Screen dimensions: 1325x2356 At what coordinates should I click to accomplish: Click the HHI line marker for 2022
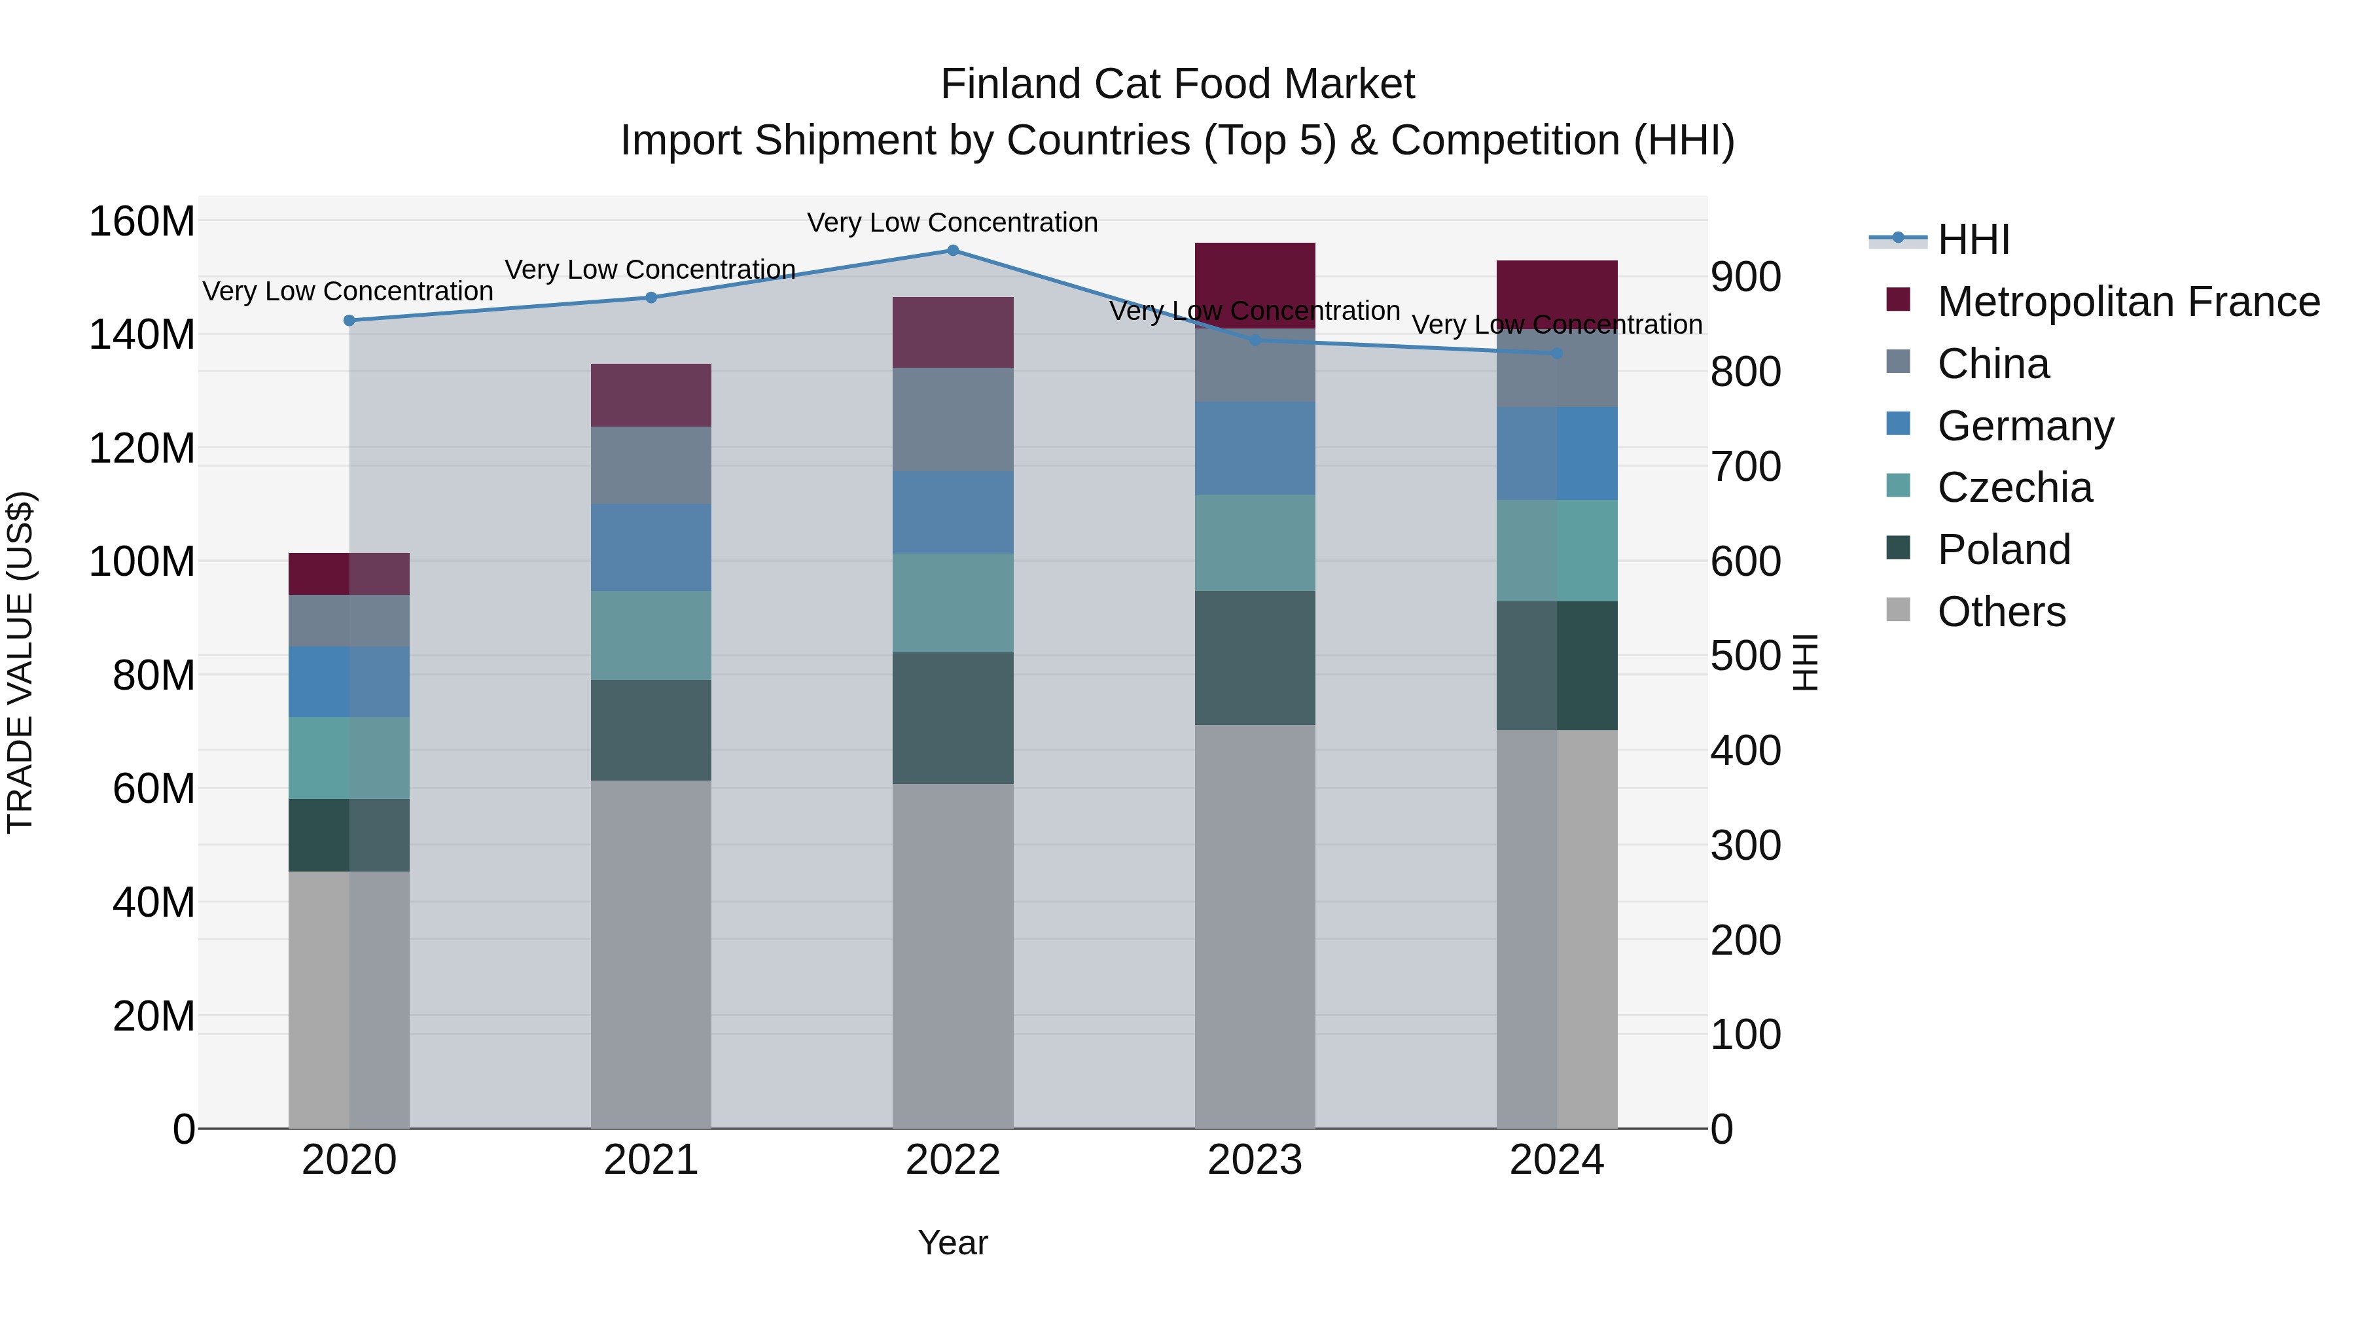coord(952,251)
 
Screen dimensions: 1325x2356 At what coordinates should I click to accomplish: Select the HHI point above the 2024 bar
coord(1557,353)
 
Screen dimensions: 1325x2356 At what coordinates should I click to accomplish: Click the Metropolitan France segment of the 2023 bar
coord(1254,285)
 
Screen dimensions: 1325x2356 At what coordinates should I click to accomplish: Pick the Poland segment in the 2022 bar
coord(952,718)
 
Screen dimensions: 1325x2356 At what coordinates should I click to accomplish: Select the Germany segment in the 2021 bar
coord(651,547)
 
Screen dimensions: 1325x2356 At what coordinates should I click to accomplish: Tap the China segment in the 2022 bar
coord(952,419)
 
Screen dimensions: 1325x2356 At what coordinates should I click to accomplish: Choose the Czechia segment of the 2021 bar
coord(651,635)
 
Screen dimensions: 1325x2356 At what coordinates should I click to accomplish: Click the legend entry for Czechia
coord(2013,487)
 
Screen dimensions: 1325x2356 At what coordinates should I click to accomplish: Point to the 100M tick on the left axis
coord(142,561)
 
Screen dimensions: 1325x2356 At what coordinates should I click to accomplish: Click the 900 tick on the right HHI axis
coord(1745,277)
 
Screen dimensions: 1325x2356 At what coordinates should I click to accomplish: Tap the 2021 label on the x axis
coord(651,1160)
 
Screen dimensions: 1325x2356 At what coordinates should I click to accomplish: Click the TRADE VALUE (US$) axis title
coord(20,662)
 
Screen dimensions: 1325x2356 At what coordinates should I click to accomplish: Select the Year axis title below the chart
coord(952,1243)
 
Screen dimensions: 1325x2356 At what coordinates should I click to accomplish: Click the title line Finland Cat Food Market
coord(1177,84)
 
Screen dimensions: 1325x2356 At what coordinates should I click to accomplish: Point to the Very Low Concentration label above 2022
coord(952,222)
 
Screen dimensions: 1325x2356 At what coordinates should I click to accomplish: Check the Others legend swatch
coord(1898,610)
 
